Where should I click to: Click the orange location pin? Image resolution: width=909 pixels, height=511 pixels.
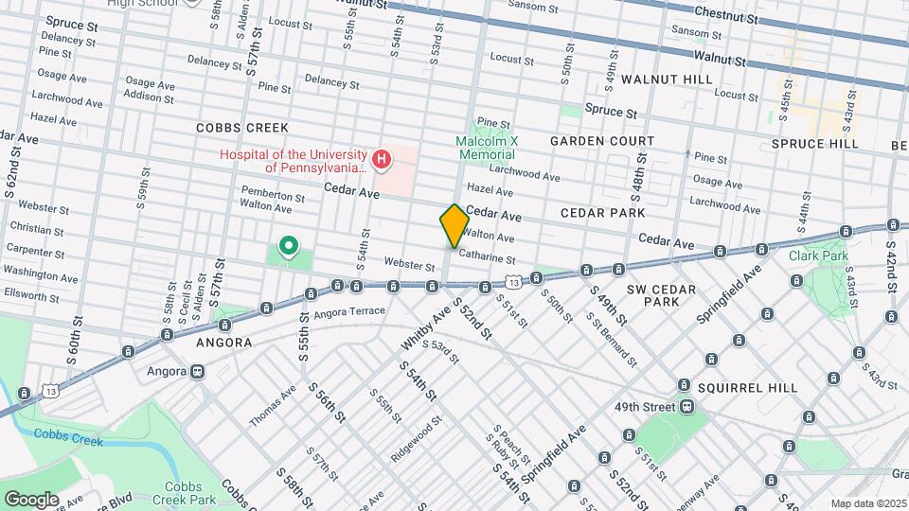[x=454, y=225]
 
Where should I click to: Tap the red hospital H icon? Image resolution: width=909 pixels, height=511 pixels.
[x=381, y=160]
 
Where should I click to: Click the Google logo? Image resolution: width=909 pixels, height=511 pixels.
[x=31, y=499]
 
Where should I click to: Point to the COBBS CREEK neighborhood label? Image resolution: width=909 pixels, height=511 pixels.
[x=236, y=127]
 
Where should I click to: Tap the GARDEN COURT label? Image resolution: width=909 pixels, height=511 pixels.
[x=602, y=141]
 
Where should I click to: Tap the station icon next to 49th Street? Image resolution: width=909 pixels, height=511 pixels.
[x=686, y=406]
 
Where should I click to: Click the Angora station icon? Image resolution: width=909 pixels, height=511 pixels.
[x=198, y=371]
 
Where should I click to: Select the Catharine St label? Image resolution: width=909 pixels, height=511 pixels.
[x=487, y=258]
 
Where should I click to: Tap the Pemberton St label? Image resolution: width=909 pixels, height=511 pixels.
[x=273, y=199]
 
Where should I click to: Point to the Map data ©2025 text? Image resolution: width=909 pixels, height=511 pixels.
[x=866, y=503]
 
